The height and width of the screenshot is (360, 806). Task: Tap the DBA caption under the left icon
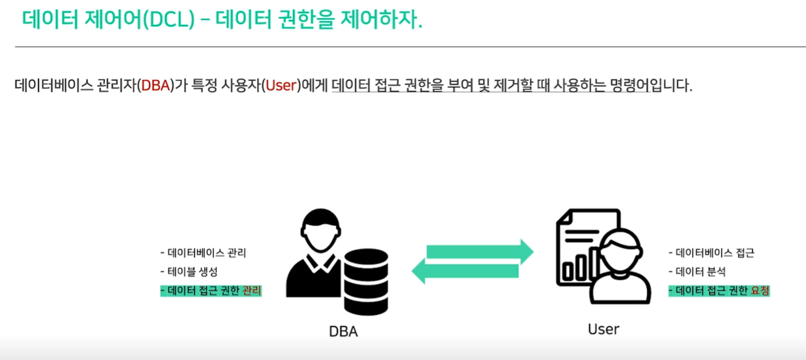click(x=343, y=331)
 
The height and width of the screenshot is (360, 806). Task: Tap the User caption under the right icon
click(x=603, y=329)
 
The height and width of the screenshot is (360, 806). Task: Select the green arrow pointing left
click(x=465, y=270)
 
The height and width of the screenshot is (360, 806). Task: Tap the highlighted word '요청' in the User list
click(x=760, y=291)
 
